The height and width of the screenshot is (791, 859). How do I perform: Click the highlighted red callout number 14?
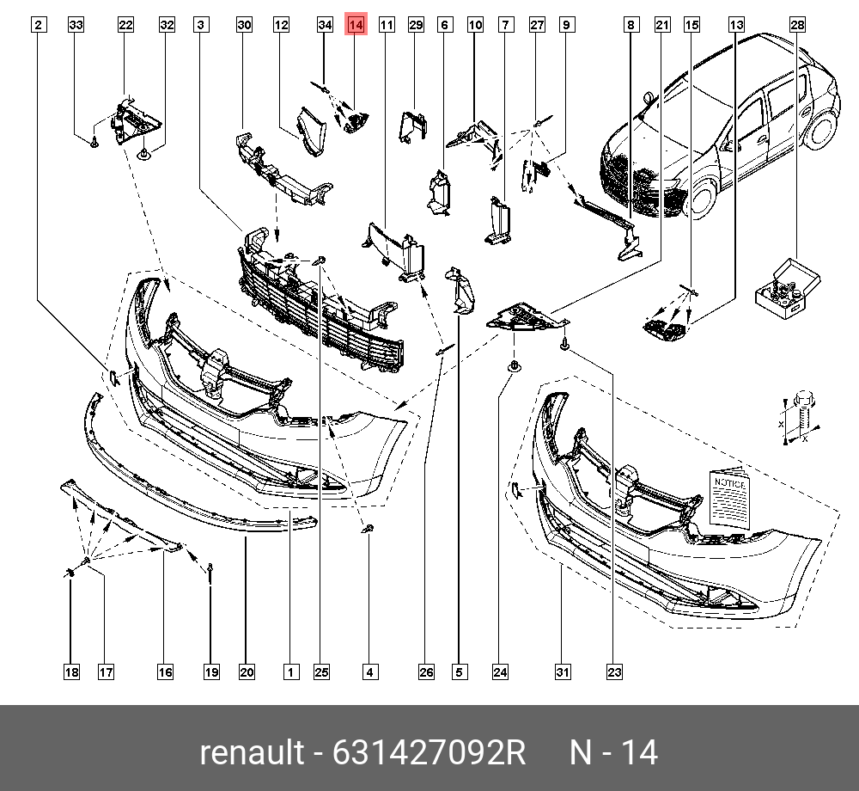coord(356,26)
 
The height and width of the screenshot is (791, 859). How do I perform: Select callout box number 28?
coord(798,26)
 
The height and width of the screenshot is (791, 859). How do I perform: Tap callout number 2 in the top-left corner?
coord(38,26)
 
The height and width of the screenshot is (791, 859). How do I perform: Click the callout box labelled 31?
coord(563,672)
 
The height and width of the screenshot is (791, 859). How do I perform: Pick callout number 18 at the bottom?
coord(71,672)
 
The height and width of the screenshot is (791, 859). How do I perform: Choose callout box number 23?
coord(613,672)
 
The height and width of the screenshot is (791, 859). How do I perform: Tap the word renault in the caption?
coord(252,752)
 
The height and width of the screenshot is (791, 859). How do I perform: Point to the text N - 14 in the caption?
coord(615,752)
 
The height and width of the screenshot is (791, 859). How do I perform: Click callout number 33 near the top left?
coord(76,26)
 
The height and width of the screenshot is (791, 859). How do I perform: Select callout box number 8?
coord(631,26)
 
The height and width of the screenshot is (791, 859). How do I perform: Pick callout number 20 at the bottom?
coord(247,672)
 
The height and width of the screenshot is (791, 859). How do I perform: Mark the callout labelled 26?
coord(426,672)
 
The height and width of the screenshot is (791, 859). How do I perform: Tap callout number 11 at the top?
coord(387,26)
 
